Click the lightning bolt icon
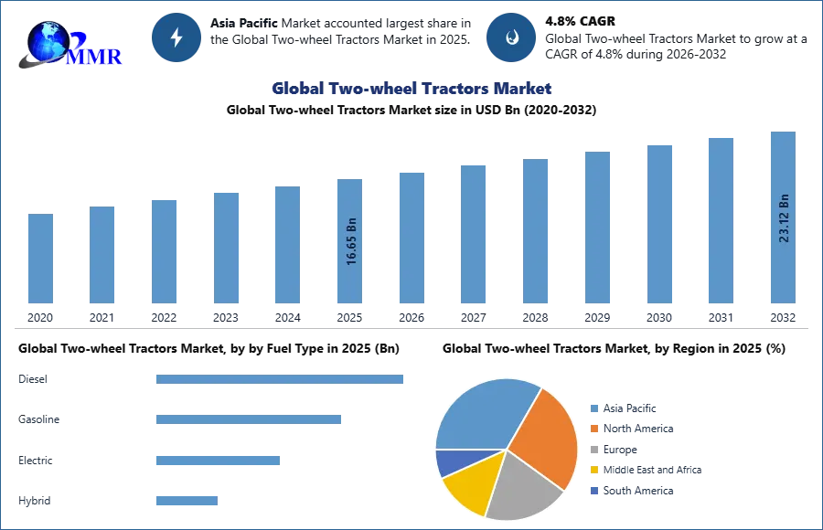pyautogui.click(x=176, y=37)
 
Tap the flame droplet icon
pyautogui.click(x=511, y=37)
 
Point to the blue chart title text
pyautogui.click(x=412, y=89)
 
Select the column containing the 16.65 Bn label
pyautogui.click(x=351, y=241)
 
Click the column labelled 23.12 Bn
pyautogui.click(x=783, y=218)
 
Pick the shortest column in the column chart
pyautogui.click(x=40, y=260)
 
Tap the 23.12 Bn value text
pyautogui.click(x=784, y=217)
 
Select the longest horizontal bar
pyautogui.click(x=281, y=380)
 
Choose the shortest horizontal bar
pyautogui.click(x=187, y=501)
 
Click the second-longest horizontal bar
pyautogui.click(x=248, y=418)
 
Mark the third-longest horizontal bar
pyautogui.click(x=219, y=461)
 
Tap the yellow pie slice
pyautogui.click(x=472, y=482)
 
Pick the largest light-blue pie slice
pyautogui.click(x=480, y=412)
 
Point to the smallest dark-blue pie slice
pyautogui.click(x=451, y=461)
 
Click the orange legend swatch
pyautogui.click(x=593, y=429)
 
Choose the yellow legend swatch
pyautogui.click(x=593, y=469)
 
